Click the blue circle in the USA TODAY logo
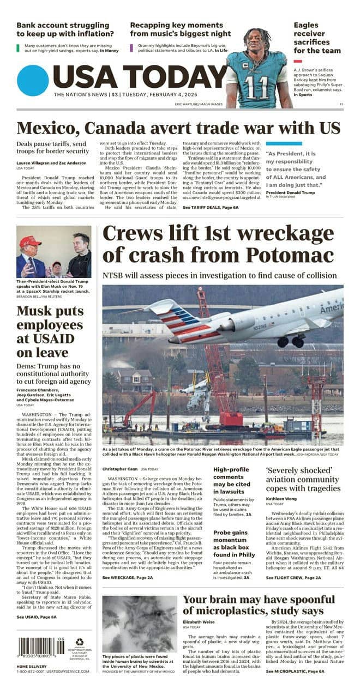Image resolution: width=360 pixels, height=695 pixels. click(x=33, y=80)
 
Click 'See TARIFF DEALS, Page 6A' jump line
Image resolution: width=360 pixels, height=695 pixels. click(x=211, y=208)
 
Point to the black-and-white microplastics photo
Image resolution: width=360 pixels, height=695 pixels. click(x=139, y=624)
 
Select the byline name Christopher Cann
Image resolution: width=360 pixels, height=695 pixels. click(x=118, y=469)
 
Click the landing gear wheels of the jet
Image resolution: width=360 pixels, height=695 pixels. click(x=291, y=342)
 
